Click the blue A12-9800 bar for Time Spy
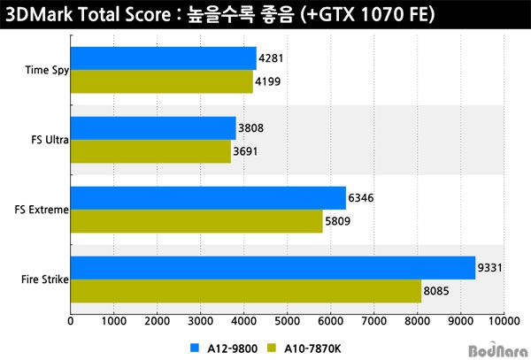point(163,59)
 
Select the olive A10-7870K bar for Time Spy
point(161,82)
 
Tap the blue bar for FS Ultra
point(152,128)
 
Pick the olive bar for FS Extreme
point(196,221)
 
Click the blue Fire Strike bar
point(273,267)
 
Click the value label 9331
point(492,268)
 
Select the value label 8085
point(438,291)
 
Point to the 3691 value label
point(248,152)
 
